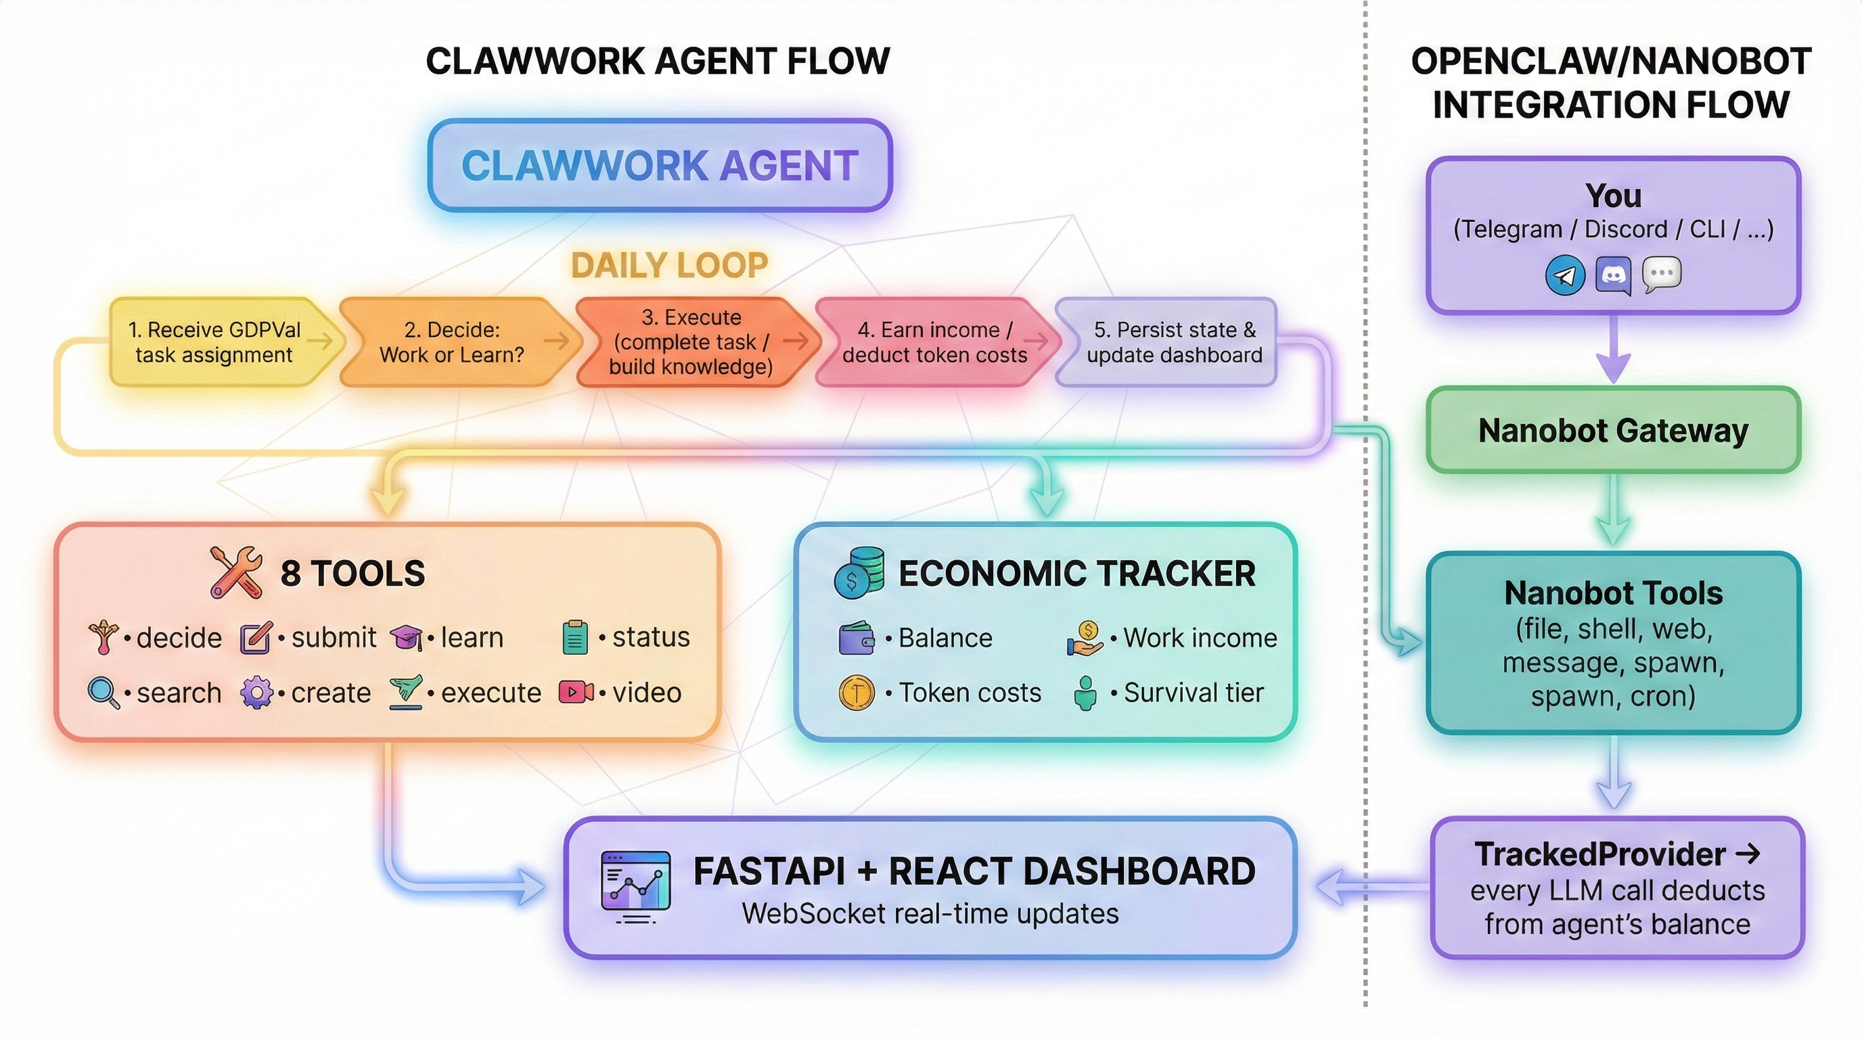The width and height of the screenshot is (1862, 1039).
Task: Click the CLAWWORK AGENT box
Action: (659, 166)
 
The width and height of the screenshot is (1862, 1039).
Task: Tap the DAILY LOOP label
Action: (668, 265)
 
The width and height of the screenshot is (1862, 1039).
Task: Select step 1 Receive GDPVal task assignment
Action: (214, 342)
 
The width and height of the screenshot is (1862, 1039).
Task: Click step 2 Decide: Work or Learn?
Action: (452, 342)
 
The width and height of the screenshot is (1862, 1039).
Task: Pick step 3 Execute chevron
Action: (690, 342)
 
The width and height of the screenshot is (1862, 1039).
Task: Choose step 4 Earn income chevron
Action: (934, 342)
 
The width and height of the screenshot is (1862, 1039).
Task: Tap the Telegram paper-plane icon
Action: (1565, 275)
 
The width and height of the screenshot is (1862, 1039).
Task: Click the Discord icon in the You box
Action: (1613, 275)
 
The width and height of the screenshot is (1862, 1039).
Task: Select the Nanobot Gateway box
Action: (1612, 431)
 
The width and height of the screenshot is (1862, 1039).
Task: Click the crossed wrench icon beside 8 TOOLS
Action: (235, 572)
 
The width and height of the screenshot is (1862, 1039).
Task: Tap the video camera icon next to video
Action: (576, 692)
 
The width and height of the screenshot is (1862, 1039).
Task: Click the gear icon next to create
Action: (256, 693)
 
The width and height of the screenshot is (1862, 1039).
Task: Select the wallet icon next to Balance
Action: (856, 638)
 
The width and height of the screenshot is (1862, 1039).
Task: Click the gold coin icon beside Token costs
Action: (856, 693)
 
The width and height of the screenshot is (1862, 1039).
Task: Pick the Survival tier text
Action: (1194, 693)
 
